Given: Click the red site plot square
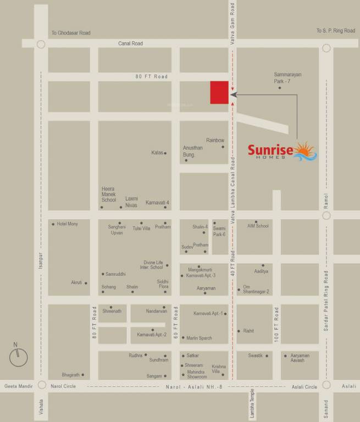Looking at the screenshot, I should click(219, 92).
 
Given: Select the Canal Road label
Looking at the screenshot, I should click(130, 43).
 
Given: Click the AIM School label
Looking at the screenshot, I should click(258, 226).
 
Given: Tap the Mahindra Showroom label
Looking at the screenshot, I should click(196, 374).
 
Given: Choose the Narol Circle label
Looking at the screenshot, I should click(64, 387).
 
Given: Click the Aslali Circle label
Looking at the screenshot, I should click(304, 387).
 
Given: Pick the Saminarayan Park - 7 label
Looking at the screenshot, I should click(288, 77).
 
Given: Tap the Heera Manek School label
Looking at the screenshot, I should click(109, 195).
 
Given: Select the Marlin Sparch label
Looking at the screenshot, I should click(199, 338).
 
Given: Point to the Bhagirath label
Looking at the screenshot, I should click(71, 375).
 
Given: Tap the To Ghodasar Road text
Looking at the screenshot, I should click(71, 33).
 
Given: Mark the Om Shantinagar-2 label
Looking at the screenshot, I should click(256, 289).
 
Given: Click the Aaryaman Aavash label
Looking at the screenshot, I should click(300, 358).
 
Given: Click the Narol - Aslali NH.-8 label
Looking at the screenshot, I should click(194, 387).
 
